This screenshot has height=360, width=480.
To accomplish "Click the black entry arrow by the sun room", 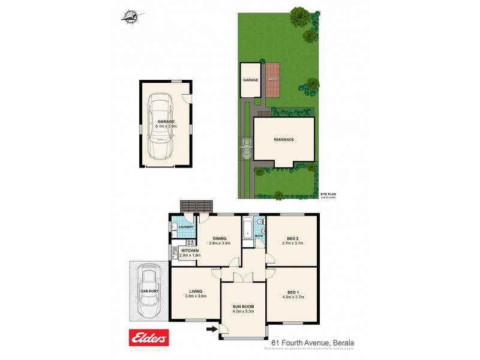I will pos(211,329).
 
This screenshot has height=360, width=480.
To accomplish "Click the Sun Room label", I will pos(244,306).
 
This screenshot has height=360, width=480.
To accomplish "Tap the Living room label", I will pos(195,291).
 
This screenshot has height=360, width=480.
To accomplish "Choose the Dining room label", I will pos(220,238).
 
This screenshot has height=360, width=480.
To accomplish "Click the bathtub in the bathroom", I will pos(247,229).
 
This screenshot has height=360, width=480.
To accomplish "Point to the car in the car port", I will pos(148,293).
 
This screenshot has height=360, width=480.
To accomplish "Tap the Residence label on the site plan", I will pos(284,139).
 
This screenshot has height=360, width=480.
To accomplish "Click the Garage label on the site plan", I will pos(250,80).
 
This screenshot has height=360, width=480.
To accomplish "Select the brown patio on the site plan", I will pos(273,80).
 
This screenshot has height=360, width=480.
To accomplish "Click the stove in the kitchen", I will pos(189,242).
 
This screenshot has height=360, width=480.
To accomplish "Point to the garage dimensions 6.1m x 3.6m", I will pos(166,127).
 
